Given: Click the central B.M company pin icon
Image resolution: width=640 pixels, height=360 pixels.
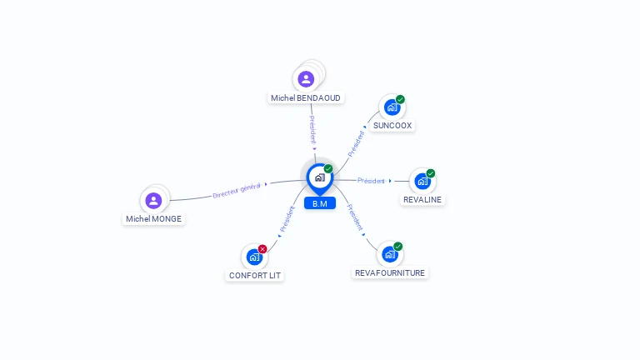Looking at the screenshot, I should click(x=319, y=177).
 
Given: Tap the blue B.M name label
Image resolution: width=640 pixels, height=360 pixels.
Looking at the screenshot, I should click(x=319, y=203).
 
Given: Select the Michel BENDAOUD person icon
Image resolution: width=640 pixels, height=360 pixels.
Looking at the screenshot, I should click(x=306, y=79).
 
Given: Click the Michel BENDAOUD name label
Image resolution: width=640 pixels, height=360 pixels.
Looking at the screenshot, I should click(x=306, y=97).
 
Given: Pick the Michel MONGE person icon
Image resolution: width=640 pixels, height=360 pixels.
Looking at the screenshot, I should click(x=153, y=200).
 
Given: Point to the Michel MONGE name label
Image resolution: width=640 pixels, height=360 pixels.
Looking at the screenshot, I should click(x=153, y=218).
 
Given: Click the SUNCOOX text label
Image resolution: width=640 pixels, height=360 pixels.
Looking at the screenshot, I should click(x=392, y=125).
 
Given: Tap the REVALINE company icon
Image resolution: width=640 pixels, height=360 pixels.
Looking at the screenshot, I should click(x=422, y=181).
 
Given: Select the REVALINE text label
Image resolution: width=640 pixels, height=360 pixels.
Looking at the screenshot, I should click(x=422, y=199).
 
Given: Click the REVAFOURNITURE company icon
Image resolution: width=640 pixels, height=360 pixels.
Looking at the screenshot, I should click(x=389, y=254).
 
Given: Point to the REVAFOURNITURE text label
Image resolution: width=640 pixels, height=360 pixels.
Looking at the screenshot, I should click(x=390, y=272).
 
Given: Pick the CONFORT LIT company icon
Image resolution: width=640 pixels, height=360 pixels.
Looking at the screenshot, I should click(x=253, y=257).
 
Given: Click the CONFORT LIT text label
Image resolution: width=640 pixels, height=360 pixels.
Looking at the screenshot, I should click(x=255, y=275).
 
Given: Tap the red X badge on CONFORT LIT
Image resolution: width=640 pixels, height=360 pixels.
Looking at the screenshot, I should click(x=262, y=248).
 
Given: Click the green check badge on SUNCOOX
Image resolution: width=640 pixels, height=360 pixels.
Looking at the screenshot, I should click(x=400, y=99).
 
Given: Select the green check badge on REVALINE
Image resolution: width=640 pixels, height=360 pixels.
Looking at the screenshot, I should click(x=431, y=173).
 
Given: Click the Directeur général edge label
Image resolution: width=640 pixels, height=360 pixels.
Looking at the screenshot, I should click(x=237, y=189).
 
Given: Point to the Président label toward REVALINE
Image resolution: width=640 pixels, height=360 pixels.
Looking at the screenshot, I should click(x=371, y=180).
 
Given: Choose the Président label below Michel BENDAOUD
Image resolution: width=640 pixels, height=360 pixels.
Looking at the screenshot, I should click(x=312, y=130).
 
